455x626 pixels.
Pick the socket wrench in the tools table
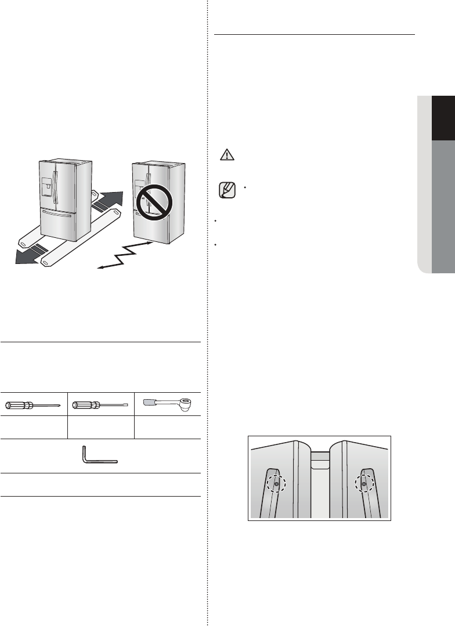tap(168, 403)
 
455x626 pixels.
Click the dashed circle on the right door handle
tap(364, 483)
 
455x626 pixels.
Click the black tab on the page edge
tap(443, 118)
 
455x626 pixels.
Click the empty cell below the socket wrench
tap(168, 427)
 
